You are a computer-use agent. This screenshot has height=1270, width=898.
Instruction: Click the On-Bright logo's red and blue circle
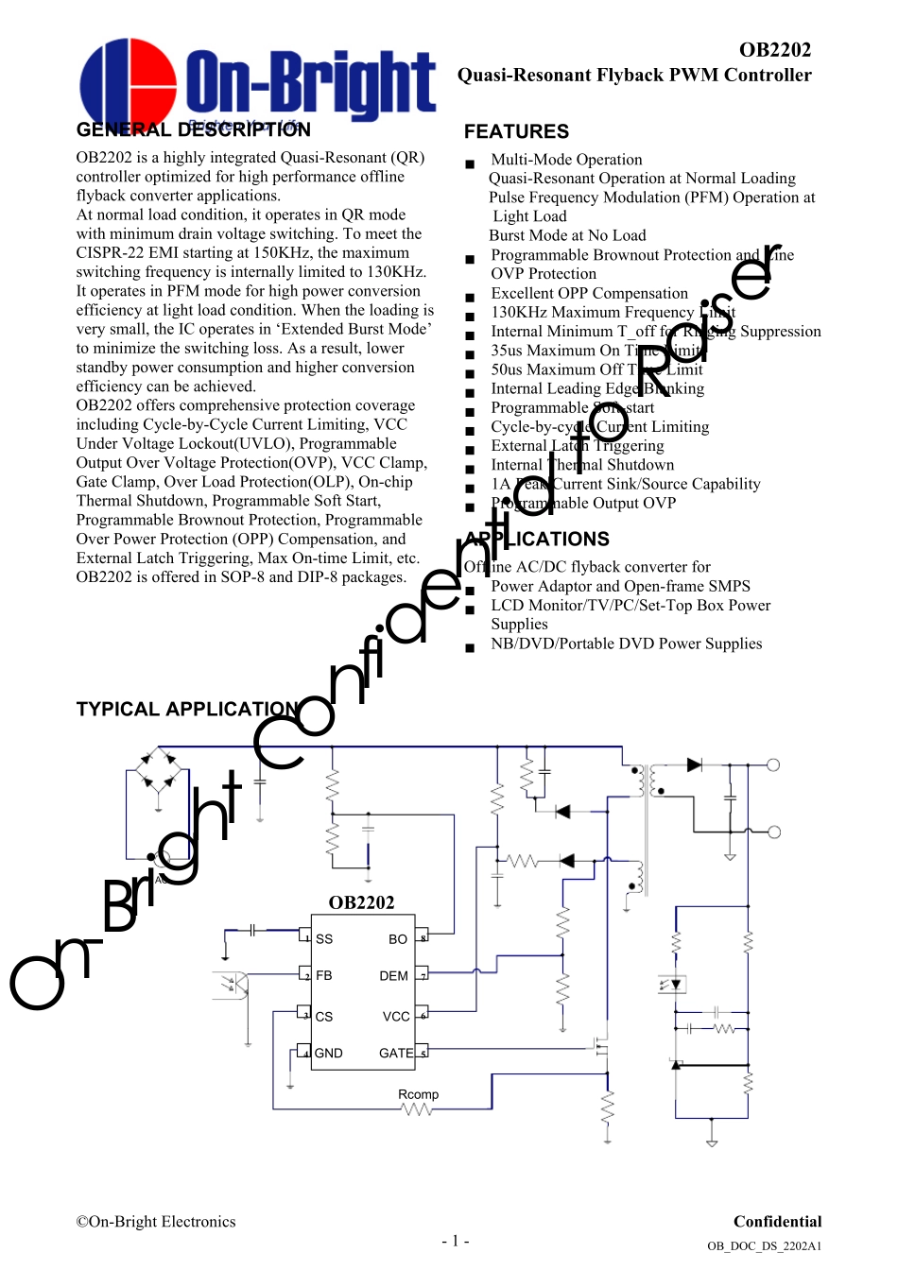pos(128,83)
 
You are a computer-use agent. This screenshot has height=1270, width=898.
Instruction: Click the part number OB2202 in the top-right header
pos(774,50)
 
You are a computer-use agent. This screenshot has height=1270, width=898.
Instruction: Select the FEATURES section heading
pos(516,131)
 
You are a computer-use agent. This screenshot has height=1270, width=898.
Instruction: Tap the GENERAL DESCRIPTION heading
pos(193,129)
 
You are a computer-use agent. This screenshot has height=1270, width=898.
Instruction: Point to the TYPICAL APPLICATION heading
pos(187,709)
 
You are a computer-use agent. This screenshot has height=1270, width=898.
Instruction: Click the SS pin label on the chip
pos(324,939)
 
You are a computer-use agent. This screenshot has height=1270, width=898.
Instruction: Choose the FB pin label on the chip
pos(324,975)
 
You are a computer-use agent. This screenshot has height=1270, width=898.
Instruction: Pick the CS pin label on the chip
pos(324,1017)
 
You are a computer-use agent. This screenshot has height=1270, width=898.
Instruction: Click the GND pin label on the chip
pos(329,1053)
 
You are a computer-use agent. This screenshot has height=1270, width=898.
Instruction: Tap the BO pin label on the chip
pos(398,939)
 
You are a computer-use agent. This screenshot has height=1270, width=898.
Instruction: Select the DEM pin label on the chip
pos(393,976)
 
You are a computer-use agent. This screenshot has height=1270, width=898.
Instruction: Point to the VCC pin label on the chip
pos(396,1017)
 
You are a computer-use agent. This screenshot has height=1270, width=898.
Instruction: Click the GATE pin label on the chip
pos(396,1053)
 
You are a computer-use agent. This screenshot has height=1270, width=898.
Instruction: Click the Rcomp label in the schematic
pos(418,1094)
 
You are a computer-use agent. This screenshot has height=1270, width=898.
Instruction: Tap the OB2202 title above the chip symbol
pos(361,902)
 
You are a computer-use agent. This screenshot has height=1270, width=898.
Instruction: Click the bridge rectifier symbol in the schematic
pos(158,770)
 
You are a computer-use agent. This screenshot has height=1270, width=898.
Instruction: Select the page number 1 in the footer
pos(455,1241)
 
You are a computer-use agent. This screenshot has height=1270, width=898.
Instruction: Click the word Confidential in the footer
pos(777,1221)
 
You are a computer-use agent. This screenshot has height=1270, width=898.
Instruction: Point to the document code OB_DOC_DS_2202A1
pos(764,1246)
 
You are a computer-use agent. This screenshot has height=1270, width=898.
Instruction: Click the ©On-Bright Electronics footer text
pos(156,1221)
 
